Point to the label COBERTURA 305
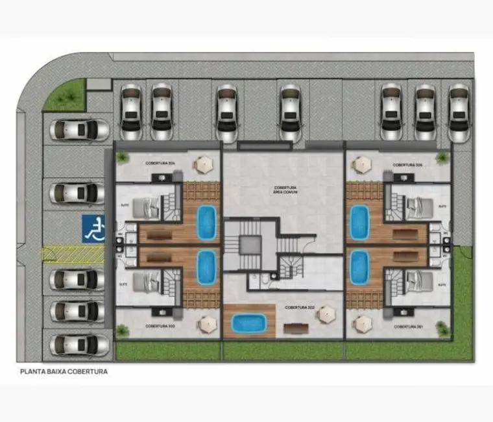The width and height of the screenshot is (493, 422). [x=407, y=165]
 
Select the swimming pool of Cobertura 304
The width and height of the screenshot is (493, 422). [x=206, y=222]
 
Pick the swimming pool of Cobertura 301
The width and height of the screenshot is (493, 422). [x=359, y=267]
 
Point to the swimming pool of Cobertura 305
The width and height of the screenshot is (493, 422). [x=359, y=222]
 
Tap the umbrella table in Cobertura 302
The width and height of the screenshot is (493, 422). [x=324, y=315]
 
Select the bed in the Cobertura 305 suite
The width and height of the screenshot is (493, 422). [x=418, y=207]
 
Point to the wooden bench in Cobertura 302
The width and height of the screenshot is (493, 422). [x=296, y=327]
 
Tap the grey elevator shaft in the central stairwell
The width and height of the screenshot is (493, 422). [x=249, y=244]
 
